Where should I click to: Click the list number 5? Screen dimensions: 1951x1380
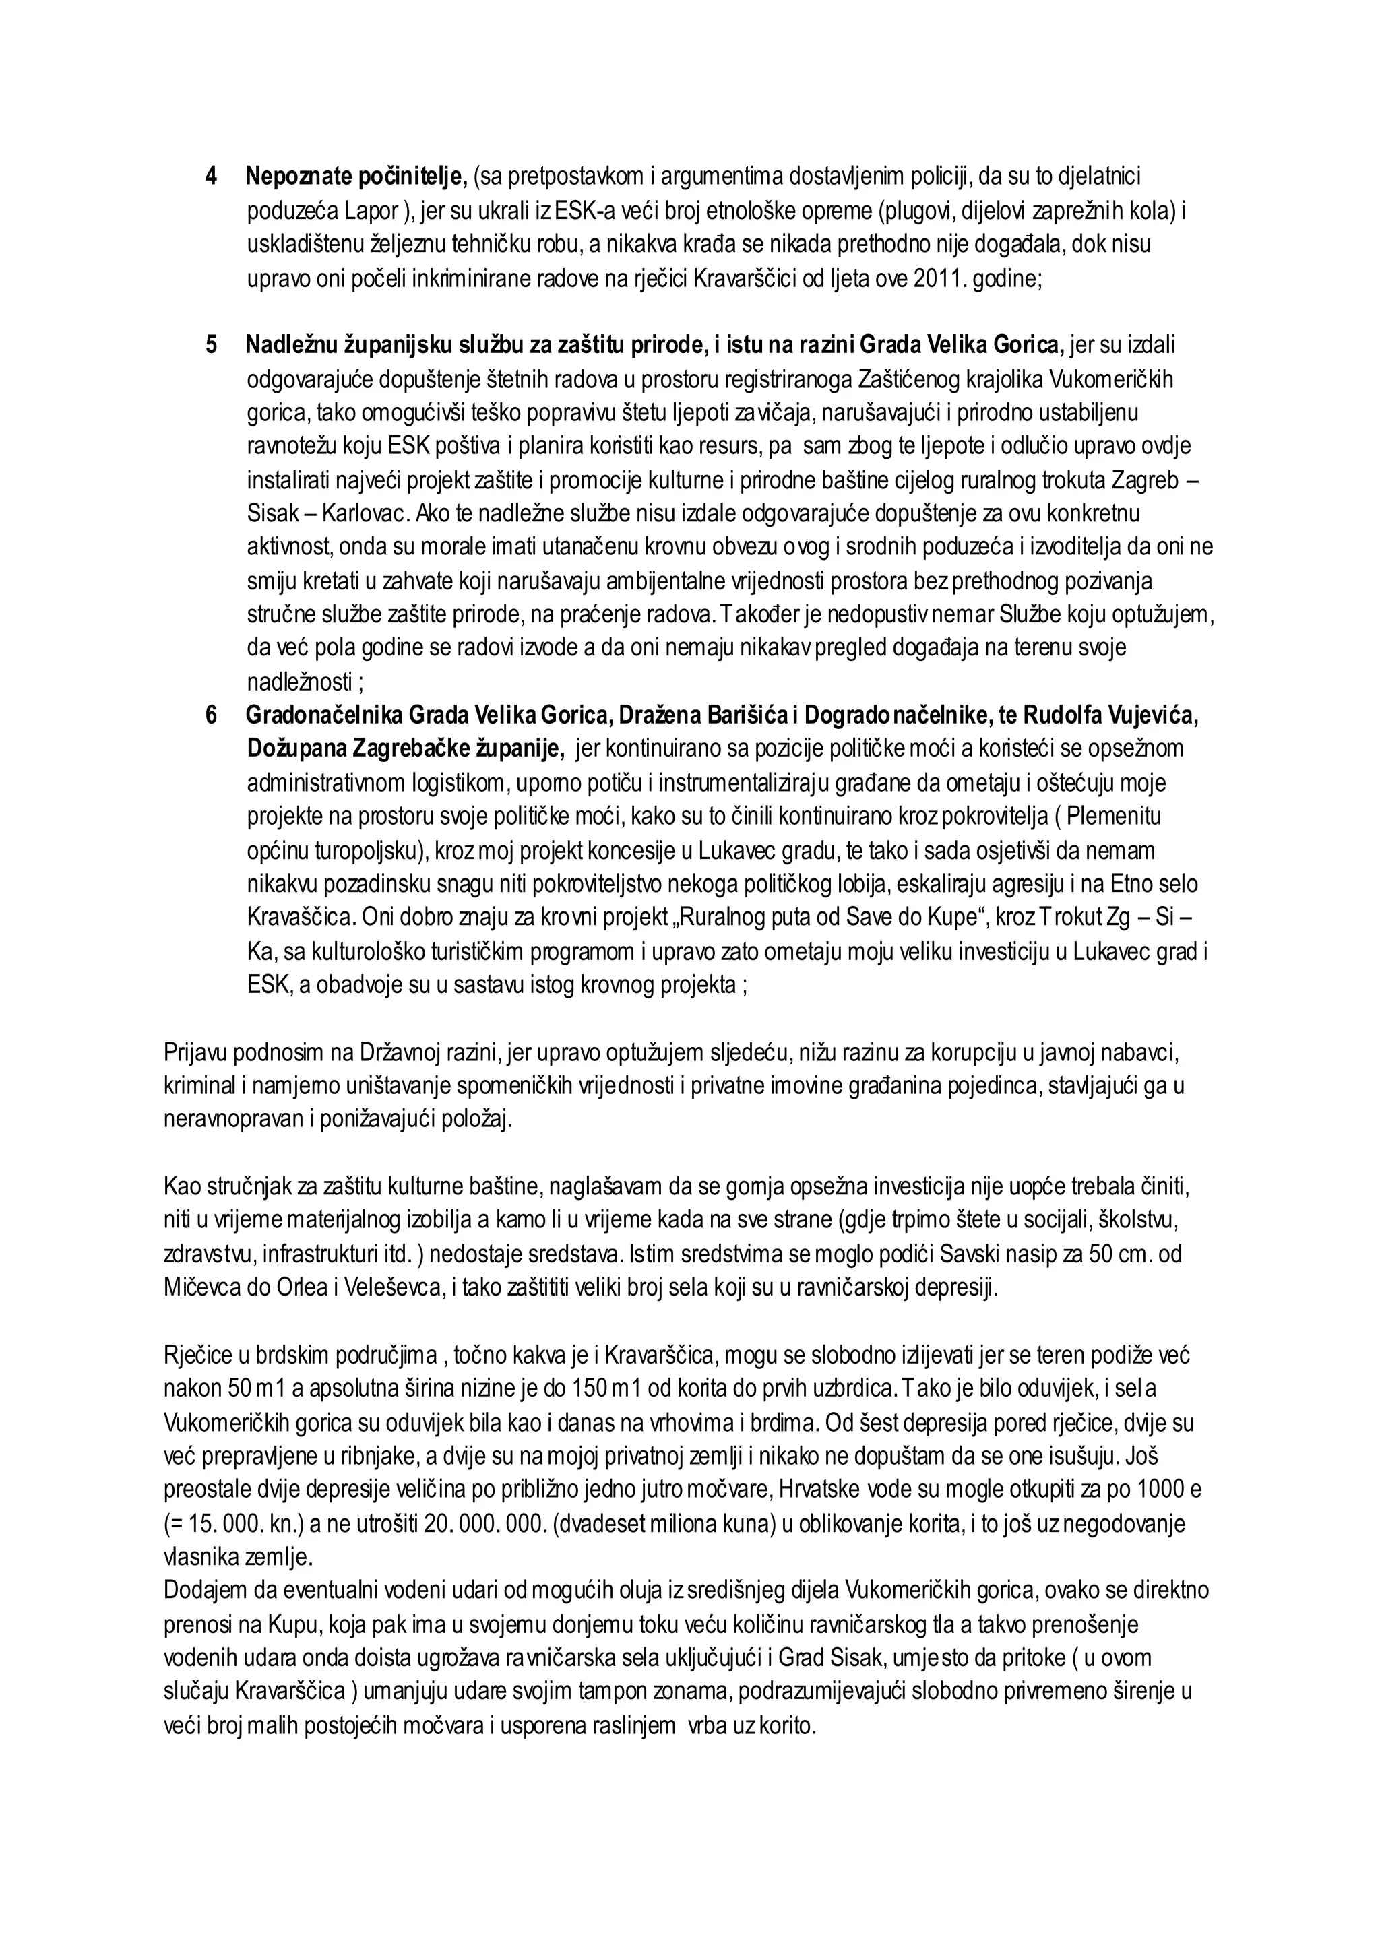211,345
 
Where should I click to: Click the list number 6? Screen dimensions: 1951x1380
211,715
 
